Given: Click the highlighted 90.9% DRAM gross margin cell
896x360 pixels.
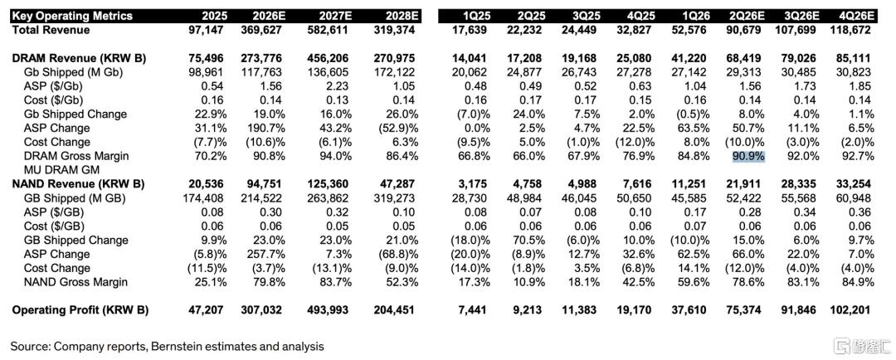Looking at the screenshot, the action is (x=748, y=156).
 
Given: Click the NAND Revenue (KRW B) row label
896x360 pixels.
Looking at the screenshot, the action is (x=78, y=184).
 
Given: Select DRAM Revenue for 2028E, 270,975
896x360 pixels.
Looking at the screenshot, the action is (x=394, y=58).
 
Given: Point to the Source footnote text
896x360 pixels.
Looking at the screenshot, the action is (x=167, y=346).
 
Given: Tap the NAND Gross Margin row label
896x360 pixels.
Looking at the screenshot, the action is (x=76, y=282).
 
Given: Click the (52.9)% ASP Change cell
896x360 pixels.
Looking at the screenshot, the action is (x=395, y=128).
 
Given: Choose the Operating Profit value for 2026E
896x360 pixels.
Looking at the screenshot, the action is (x=259, y=310).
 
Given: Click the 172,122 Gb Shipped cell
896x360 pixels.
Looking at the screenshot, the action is (x=394, y=72).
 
